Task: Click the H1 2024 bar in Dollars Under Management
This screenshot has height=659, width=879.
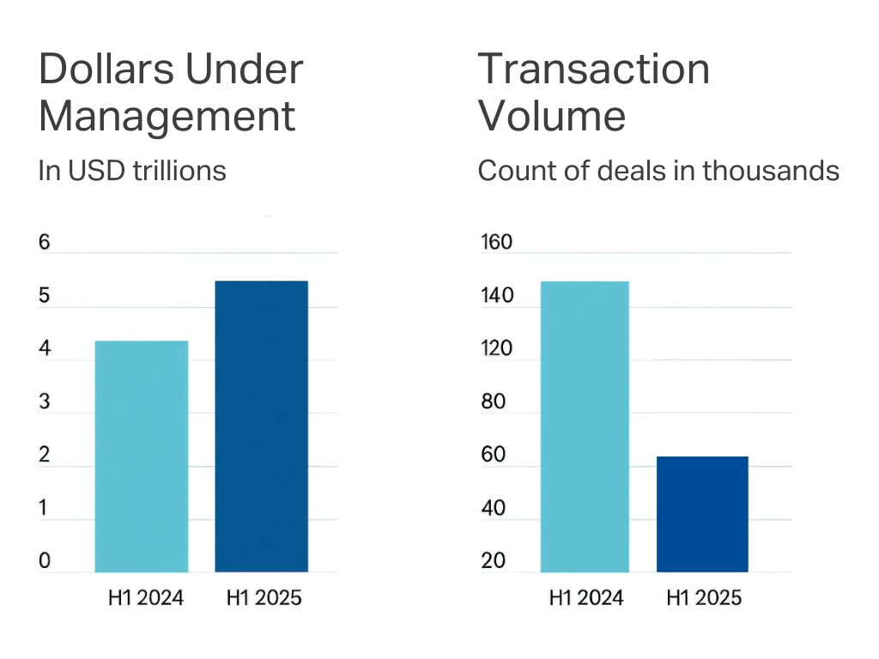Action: point(142,456)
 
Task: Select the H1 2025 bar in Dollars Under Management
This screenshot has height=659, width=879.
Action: point(261,426)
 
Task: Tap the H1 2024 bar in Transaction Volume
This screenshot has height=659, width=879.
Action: point(585,426)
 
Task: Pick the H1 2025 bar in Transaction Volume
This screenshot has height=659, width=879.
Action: point(702,514)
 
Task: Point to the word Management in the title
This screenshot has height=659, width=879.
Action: point(167,116)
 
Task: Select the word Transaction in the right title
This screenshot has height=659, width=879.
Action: point(594,69)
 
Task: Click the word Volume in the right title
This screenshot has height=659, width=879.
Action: point(552,116)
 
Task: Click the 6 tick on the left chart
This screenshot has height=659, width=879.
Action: point(45,243)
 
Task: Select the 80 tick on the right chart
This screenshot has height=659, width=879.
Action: point(494,402)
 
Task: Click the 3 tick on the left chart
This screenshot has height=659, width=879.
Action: point(45,402)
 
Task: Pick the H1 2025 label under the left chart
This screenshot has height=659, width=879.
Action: point(264,598)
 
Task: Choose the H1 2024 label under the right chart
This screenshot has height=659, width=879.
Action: point(586,598)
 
